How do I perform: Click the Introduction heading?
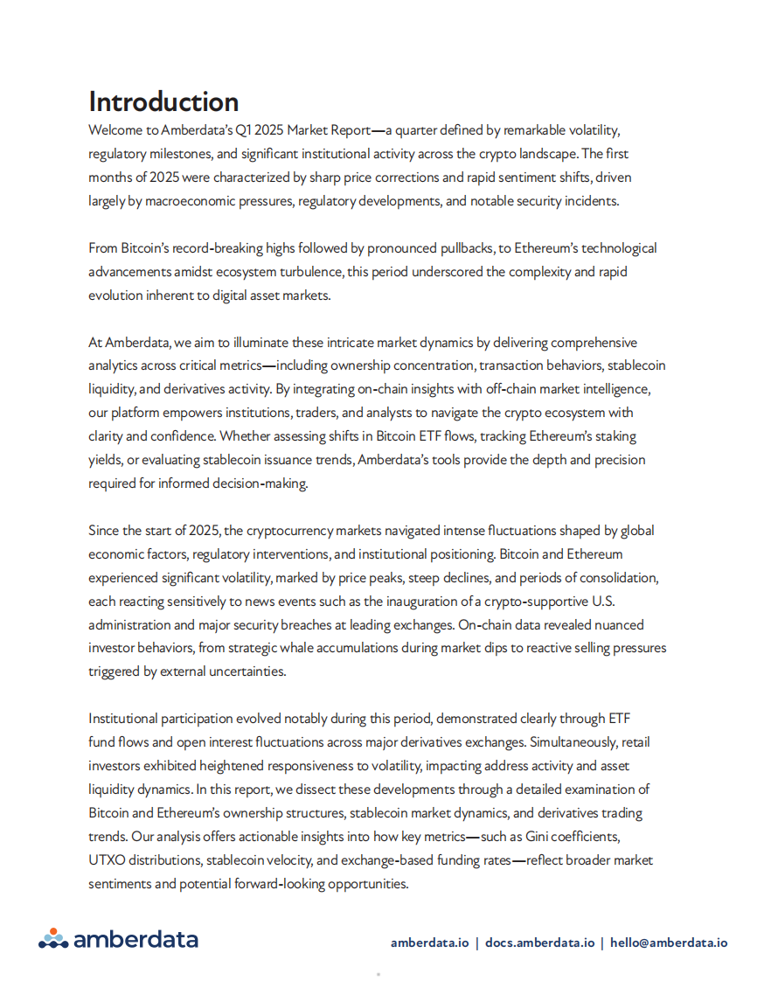[x=163, y=101]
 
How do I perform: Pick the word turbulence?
[x=309, y=272]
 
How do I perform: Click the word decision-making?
[x=260, y=484]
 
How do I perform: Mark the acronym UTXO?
[x=107, y=860]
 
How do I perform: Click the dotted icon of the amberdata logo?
[x=53, y=938]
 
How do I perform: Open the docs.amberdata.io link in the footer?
[x=539, y=943]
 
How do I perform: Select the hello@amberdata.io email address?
[x=669, y=943]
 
